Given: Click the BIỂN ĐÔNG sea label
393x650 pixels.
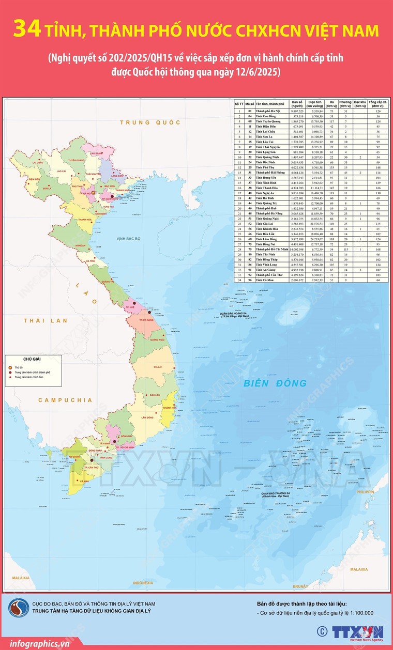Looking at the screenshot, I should [275, 383].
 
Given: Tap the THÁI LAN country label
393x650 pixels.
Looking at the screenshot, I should [46, 321].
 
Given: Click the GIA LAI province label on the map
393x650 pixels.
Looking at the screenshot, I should [157, 367].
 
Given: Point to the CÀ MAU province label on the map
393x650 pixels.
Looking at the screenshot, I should [84, 481].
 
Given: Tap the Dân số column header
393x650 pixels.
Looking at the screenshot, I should [297, 103].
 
